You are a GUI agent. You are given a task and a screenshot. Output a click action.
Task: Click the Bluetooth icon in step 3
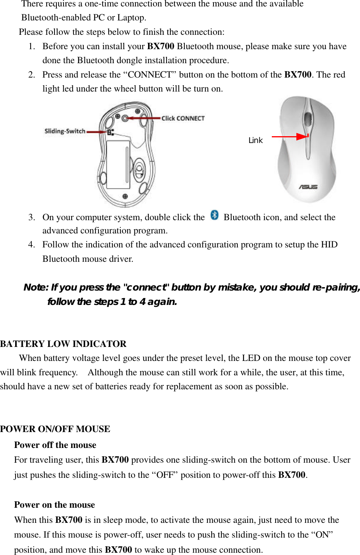coord(215,215)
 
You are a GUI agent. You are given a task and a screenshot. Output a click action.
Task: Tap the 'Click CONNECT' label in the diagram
coord(183,118)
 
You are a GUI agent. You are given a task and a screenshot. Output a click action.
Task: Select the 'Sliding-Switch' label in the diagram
coord(65,131)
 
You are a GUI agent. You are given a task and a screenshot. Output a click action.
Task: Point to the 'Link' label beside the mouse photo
coord(256,140)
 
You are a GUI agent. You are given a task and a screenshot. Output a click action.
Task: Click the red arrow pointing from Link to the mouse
coord(290,136)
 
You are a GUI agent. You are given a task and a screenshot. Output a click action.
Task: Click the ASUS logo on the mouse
coord(308,187)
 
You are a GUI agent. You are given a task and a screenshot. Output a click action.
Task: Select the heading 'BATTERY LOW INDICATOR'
coord(63,344)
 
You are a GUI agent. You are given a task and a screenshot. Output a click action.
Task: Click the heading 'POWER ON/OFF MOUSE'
coord(55,429)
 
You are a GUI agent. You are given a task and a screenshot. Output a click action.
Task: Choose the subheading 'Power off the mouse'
coord(55,445)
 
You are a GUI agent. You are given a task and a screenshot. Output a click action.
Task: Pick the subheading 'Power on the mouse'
coord(55,505)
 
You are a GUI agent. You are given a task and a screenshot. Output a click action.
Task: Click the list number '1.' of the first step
coord(32,46)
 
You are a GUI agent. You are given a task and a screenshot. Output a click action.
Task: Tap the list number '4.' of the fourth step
coord(32,245)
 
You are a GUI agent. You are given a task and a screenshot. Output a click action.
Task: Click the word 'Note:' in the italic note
coord(36,288)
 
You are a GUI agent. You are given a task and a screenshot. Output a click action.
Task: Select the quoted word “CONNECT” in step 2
coord(150,75)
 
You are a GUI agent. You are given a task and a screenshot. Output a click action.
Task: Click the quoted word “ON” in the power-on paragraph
coord(322,535)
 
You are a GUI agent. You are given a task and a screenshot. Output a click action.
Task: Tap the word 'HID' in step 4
coord(329,245)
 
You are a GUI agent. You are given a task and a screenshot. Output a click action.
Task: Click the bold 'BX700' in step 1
coord(161,46)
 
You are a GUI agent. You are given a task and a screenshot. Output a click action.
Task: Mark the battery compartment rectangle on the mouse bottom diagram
coord(118,165)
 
